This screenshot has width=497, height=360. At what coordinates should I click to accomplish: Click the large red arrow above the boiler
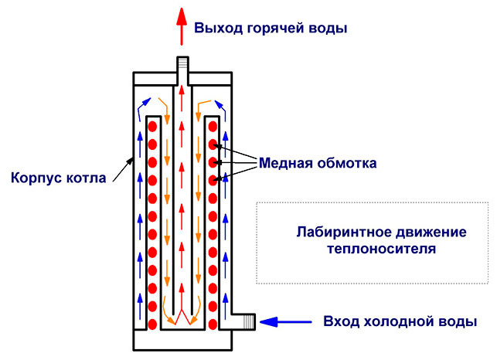182,29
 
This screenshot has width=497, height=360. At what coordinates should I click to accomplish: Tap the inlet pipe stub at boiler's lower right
243,320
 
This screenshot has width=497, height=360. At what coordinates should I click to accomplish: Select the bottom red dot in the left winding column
153,323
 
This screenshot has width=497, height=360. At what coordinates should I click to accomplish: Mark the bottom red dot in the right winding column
213,323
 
